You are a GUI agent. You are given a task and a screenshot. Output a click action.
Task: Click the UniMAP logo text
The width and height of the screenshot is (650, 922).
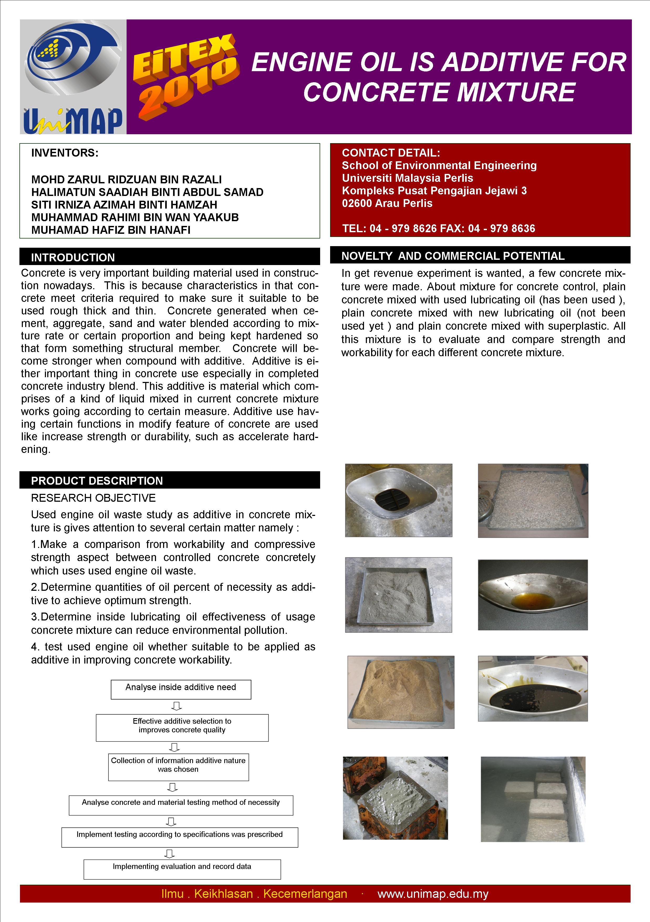[73, 121]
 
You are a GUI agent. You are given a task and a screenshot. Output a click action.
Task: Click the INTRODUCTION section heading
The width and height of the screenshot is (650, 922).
[73, 257]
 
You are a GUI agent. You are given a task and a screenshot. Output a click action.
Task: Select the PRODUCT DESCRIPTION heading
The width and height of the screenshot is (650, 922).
[97, 481]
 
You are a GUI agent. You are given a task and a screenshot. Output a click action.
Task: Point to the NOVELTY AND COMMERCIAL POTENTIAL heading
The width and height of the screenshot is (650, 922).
[453, 256]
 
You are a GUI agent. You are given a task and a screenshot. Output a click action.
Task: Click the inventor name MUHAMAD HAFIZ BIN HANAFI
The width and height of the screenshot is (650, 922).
[111, 230]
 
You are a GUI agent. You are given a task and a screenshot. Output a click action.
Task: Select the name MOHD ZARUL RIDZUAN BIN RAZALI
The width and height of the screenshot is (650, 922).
[127, 179]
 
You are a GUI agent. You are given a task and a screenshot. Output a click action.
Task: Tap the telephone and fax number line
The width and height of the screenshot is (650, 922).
[438, 229]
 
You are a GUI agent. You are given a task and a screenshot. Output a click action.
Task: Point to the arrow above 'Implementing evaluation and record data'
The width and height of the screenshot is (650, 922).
[170, 853]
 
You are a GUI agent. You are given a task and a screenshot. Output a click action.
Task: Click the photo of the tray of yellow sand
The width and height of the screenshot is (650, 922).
[401, 692]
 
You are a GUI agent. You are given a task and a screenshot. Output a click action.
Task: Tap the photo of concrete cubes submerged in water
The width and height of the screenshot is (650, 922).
[533, 799]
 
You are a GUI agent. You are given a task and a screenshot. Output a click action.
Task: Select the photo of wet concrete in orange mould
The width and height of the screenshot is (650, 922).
[395, 798]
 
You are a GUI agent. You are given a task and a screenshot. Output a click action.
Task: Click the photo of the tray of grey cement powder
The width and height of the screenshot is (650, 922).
[398, 595]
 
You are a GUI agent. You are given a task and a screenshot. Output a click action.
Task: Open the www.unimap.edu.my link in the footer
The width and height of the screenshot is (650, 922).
[433, 894]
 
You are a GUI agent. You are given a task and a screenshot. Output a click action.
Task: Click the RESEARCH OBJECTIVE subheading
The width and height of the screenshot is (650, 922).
[93, 498]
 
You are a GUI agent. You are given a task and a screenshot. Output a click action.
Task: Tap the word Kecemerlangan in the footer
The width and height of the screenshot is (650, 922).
[305, 894]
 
